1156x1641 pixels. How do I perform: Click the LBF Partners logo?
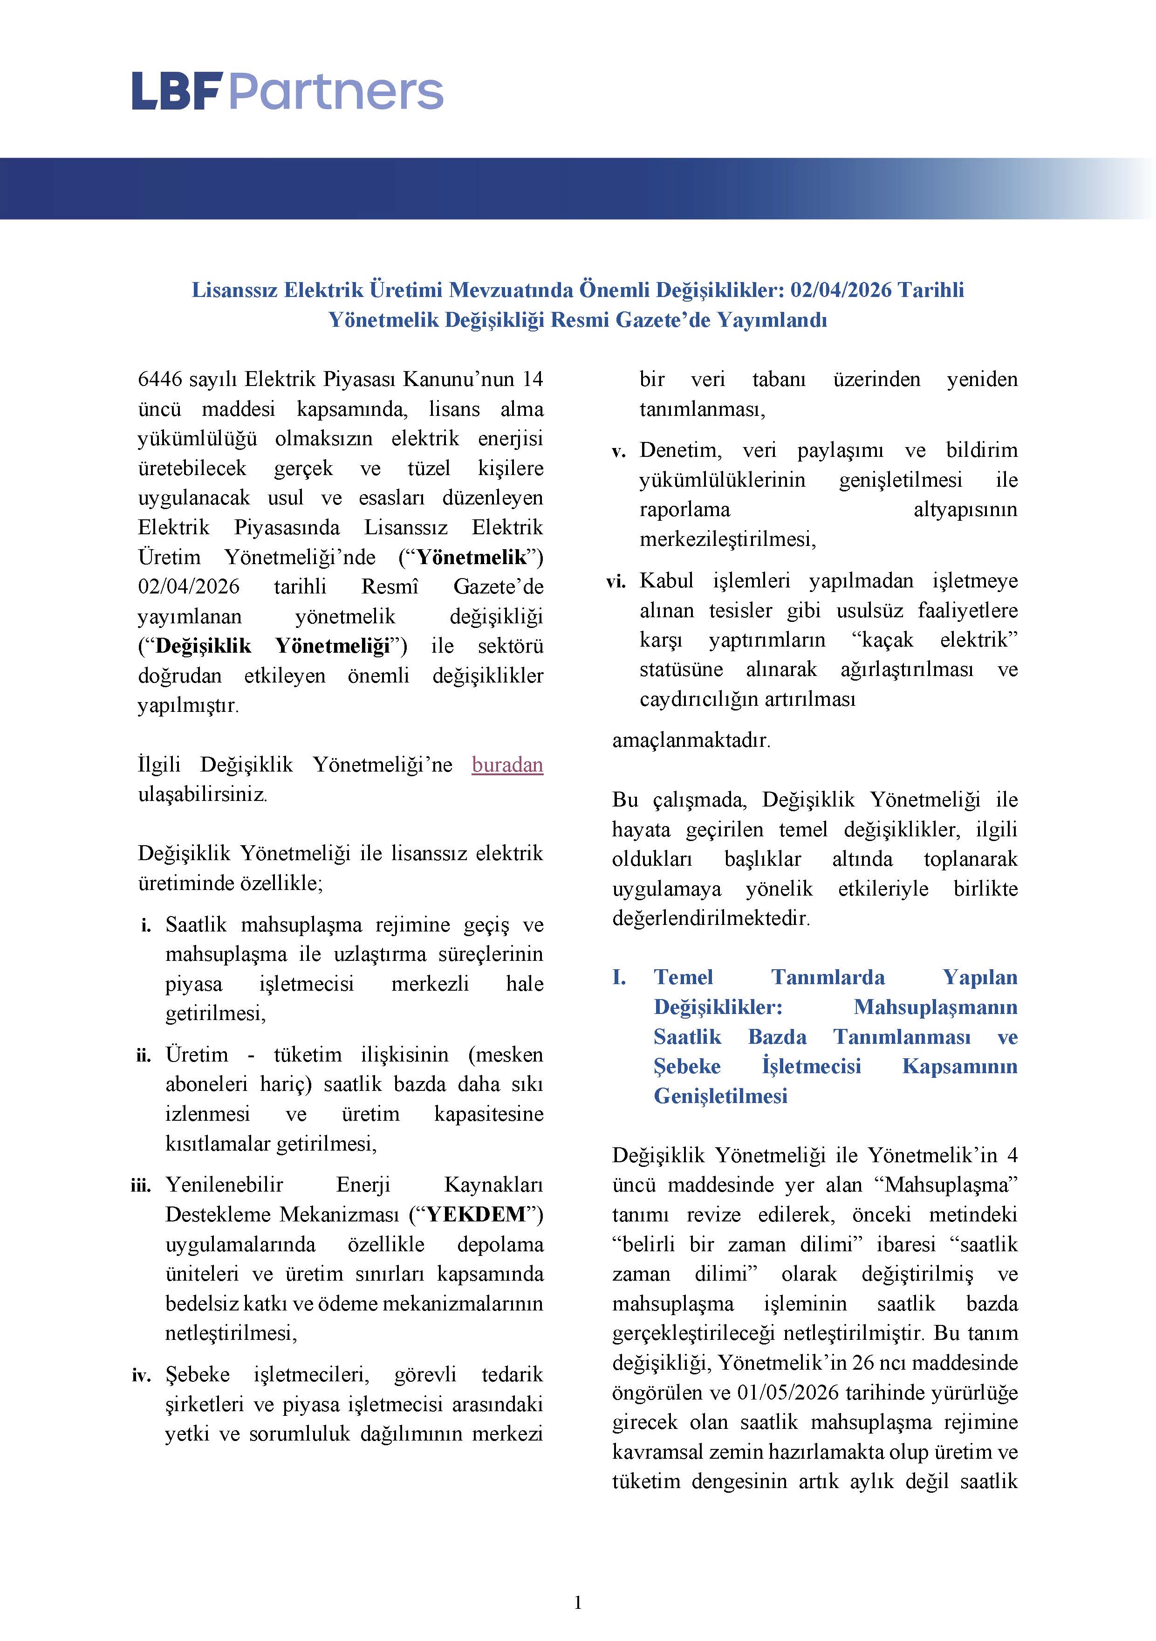click(x=287, y=91)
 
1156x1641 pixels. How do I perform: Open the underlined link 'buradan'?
click(x=507, y=765)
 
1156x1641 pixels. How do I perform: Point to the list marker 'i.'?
click(x=146, y=925)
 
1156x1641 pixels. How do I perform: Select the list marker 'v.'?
click(x=619, y=451)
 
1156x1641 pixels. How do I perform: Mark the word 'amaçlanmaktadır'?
click(x=690, y=740)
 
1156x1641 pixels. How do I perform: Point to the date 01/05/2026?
click(x=789, y=1392)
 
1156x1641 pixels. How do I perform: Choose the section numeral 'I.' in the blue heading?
click(x=619, y=977)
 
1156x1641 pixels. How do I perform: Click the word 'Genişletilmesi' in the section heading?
click(x=720, y=1096)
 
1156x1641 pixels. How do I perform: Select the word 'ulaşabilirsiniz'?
click(x=202, y=794)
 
